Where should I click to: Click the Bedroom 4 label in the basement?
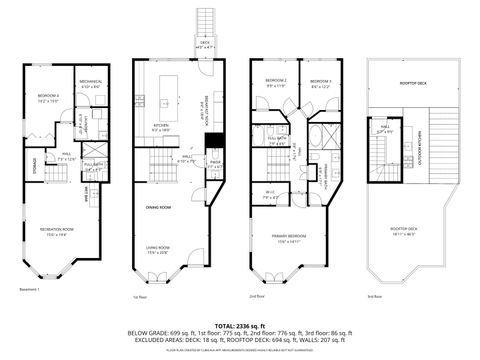click(x=48, y=97)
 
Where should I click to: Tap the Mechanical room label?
click(x=91, y=83)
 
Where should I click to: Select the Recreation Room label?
click(x=58, y=232)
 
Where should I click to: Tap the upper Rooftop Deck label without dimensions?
click(x=413, y=85)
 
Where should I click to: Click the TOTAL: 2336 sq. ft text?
click(x=239, y=325)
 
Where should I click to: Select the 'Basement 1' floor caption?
click(x=31, y=291)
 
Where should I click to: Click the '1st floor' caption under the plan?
click(x=141, y=297)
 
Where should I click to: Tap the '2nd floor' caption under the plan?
click(x=258, y=297)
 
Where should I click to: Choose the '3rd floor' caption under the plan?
click(x=376, y=297)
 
